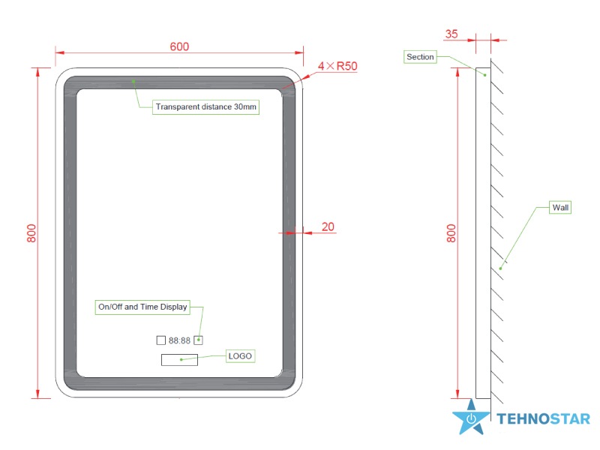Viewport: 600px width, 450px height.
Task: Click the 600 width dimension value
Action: click(179, 46)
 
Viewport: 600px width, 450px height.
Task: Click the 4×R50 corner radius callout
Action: click(337, 66)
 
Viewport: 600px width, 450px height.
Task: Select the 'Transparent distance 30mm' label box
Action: click(205, 107)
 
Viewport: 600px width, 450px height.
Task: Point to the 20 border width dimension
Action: click(328, 226)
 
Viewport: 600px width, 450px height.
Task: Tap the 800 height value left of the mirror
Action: click(31, 233)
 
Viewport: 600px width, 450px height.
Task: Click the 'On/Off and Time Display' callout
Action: click(142, 306)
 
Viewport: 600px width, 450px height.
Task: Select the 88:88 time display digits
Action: click(179, 340)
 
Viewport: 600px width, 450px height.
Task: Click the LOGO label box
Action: click(240, 355)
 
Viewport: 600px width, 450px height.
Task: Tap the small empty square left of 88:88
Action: click(160, 340)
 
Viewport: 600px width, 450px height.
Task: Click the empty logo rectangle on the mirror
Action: click(179, 360)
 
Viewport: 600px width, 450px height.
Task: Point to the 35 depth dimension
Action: click(451, 34)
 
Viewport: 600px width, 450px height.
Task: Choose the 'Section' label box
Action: click(420, 57)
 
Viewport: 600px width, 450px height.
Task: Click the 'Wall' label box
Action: click(560, 207)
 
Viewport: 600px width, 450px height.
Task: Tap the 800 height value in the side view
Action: click(451, 233)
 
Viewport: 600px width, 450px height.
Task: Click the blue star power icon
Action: click(471, 419)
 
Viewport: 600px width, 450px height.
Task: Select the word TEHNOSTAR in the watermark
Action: click(544, 419)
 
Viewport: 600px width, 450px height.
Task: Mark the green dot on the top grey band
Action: click(133, 79)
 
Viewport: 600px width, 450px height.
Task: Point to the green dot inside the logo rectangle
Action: click(181, 360)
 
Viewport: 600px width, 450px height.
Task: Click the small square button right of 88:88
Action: click(199, 340)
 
